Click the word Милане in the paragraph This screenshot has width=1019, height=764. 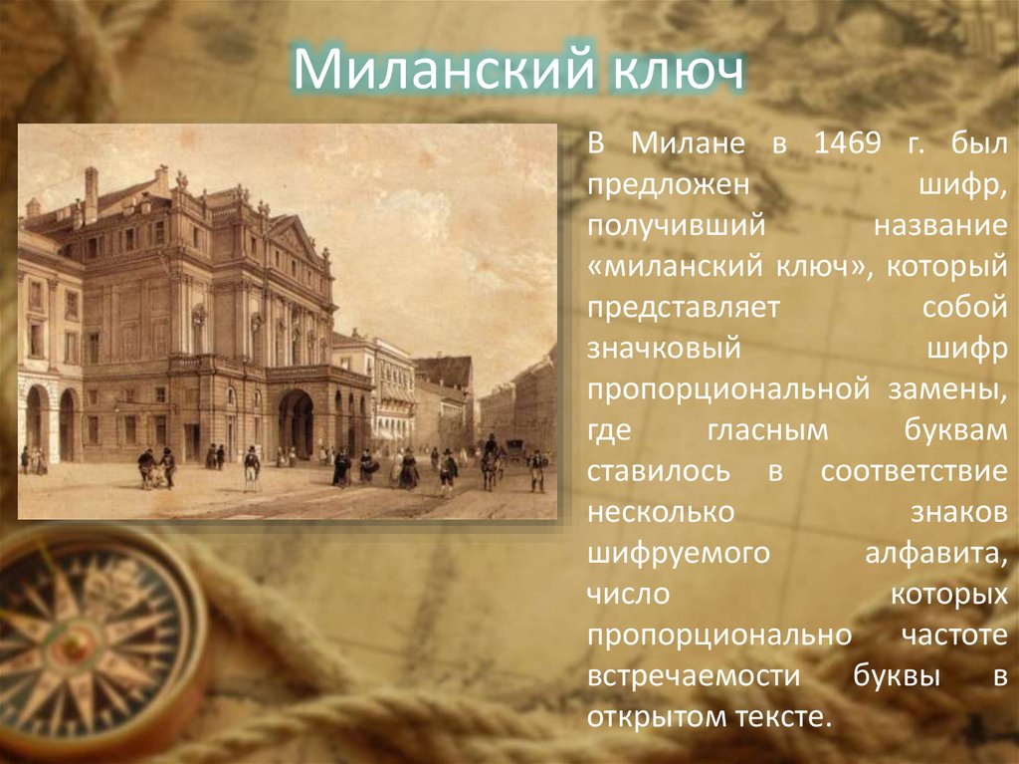point(688,144)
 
